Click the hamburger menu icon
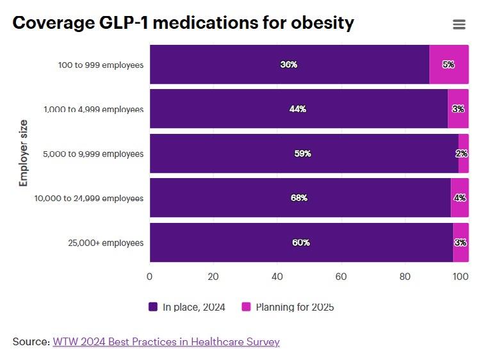click(459, 24)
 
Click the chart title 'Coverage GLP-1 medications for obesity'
click(183, 23)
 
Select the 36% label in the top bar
click(289, 65)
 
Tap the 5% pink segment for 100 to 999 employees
click(448, 65)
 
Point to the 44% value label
click(298, 109)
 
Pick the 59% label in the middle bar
click(303, 154)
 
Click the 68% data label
click(299, 198)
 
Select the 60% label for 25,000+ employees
click(301, 243)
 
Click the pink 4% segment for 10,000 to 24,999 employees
click(460, 198)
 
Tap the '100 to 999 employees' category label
click(101, 65)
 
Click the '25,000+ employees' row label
click(106, 243)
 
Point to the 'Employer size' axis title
click(24, 152)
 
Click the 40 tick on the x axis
click(277, 277)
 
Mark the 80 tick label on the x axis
click(404, 277)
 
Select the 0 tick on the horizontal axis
click(150, 277)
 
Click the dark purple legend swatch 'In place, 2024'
click(153, 307)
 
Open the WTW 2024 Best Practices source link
click(166, 341)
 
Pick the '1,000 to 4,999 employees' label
click(94, 109)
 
